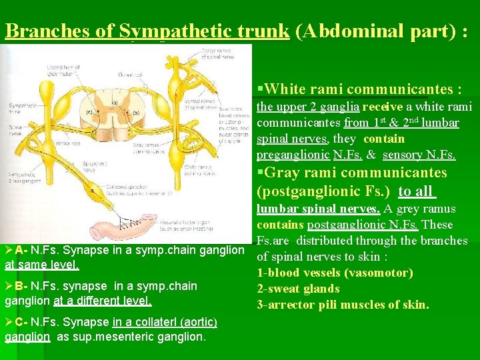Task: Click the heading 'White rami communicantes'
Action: coord(363,89)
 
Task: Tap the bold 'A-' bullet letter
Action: coord(21,250)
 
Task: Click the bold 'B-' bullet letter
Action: coord(21,286)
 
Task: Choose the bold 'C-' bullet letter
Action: coord(21,322)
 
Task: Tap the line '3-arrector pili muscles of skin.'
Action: coord(343,305)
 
